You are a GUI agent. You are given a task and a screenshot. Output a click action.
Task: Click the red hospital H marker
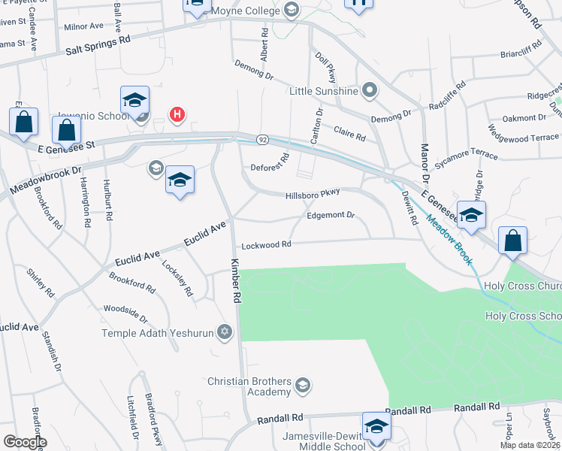click(177, 114)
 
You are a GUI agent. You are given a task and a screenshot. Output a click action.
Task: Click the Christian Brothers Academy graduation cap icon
click(302, 386)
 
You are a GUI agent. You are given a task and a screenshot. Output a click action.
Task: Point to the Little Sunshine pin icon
click(369, 91)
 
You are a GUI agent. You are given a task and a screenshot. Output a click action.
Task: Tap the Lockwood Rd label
click(266, 245)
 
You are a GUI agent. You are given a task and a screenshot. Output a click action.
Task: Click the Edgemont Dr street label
click(330, 215)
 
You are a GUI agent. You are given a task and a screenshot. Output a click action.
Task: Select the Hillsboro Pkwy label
click(313, 194)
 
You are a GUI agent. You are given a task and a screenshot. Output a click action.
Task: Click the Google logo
click(24, 441)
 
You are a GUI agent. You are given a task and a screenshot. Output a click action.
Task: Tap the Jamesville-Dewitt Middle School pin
click(374, 425)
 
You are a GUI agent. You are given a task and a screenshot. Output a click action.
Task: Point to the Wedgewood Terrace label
click(523, 138)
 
